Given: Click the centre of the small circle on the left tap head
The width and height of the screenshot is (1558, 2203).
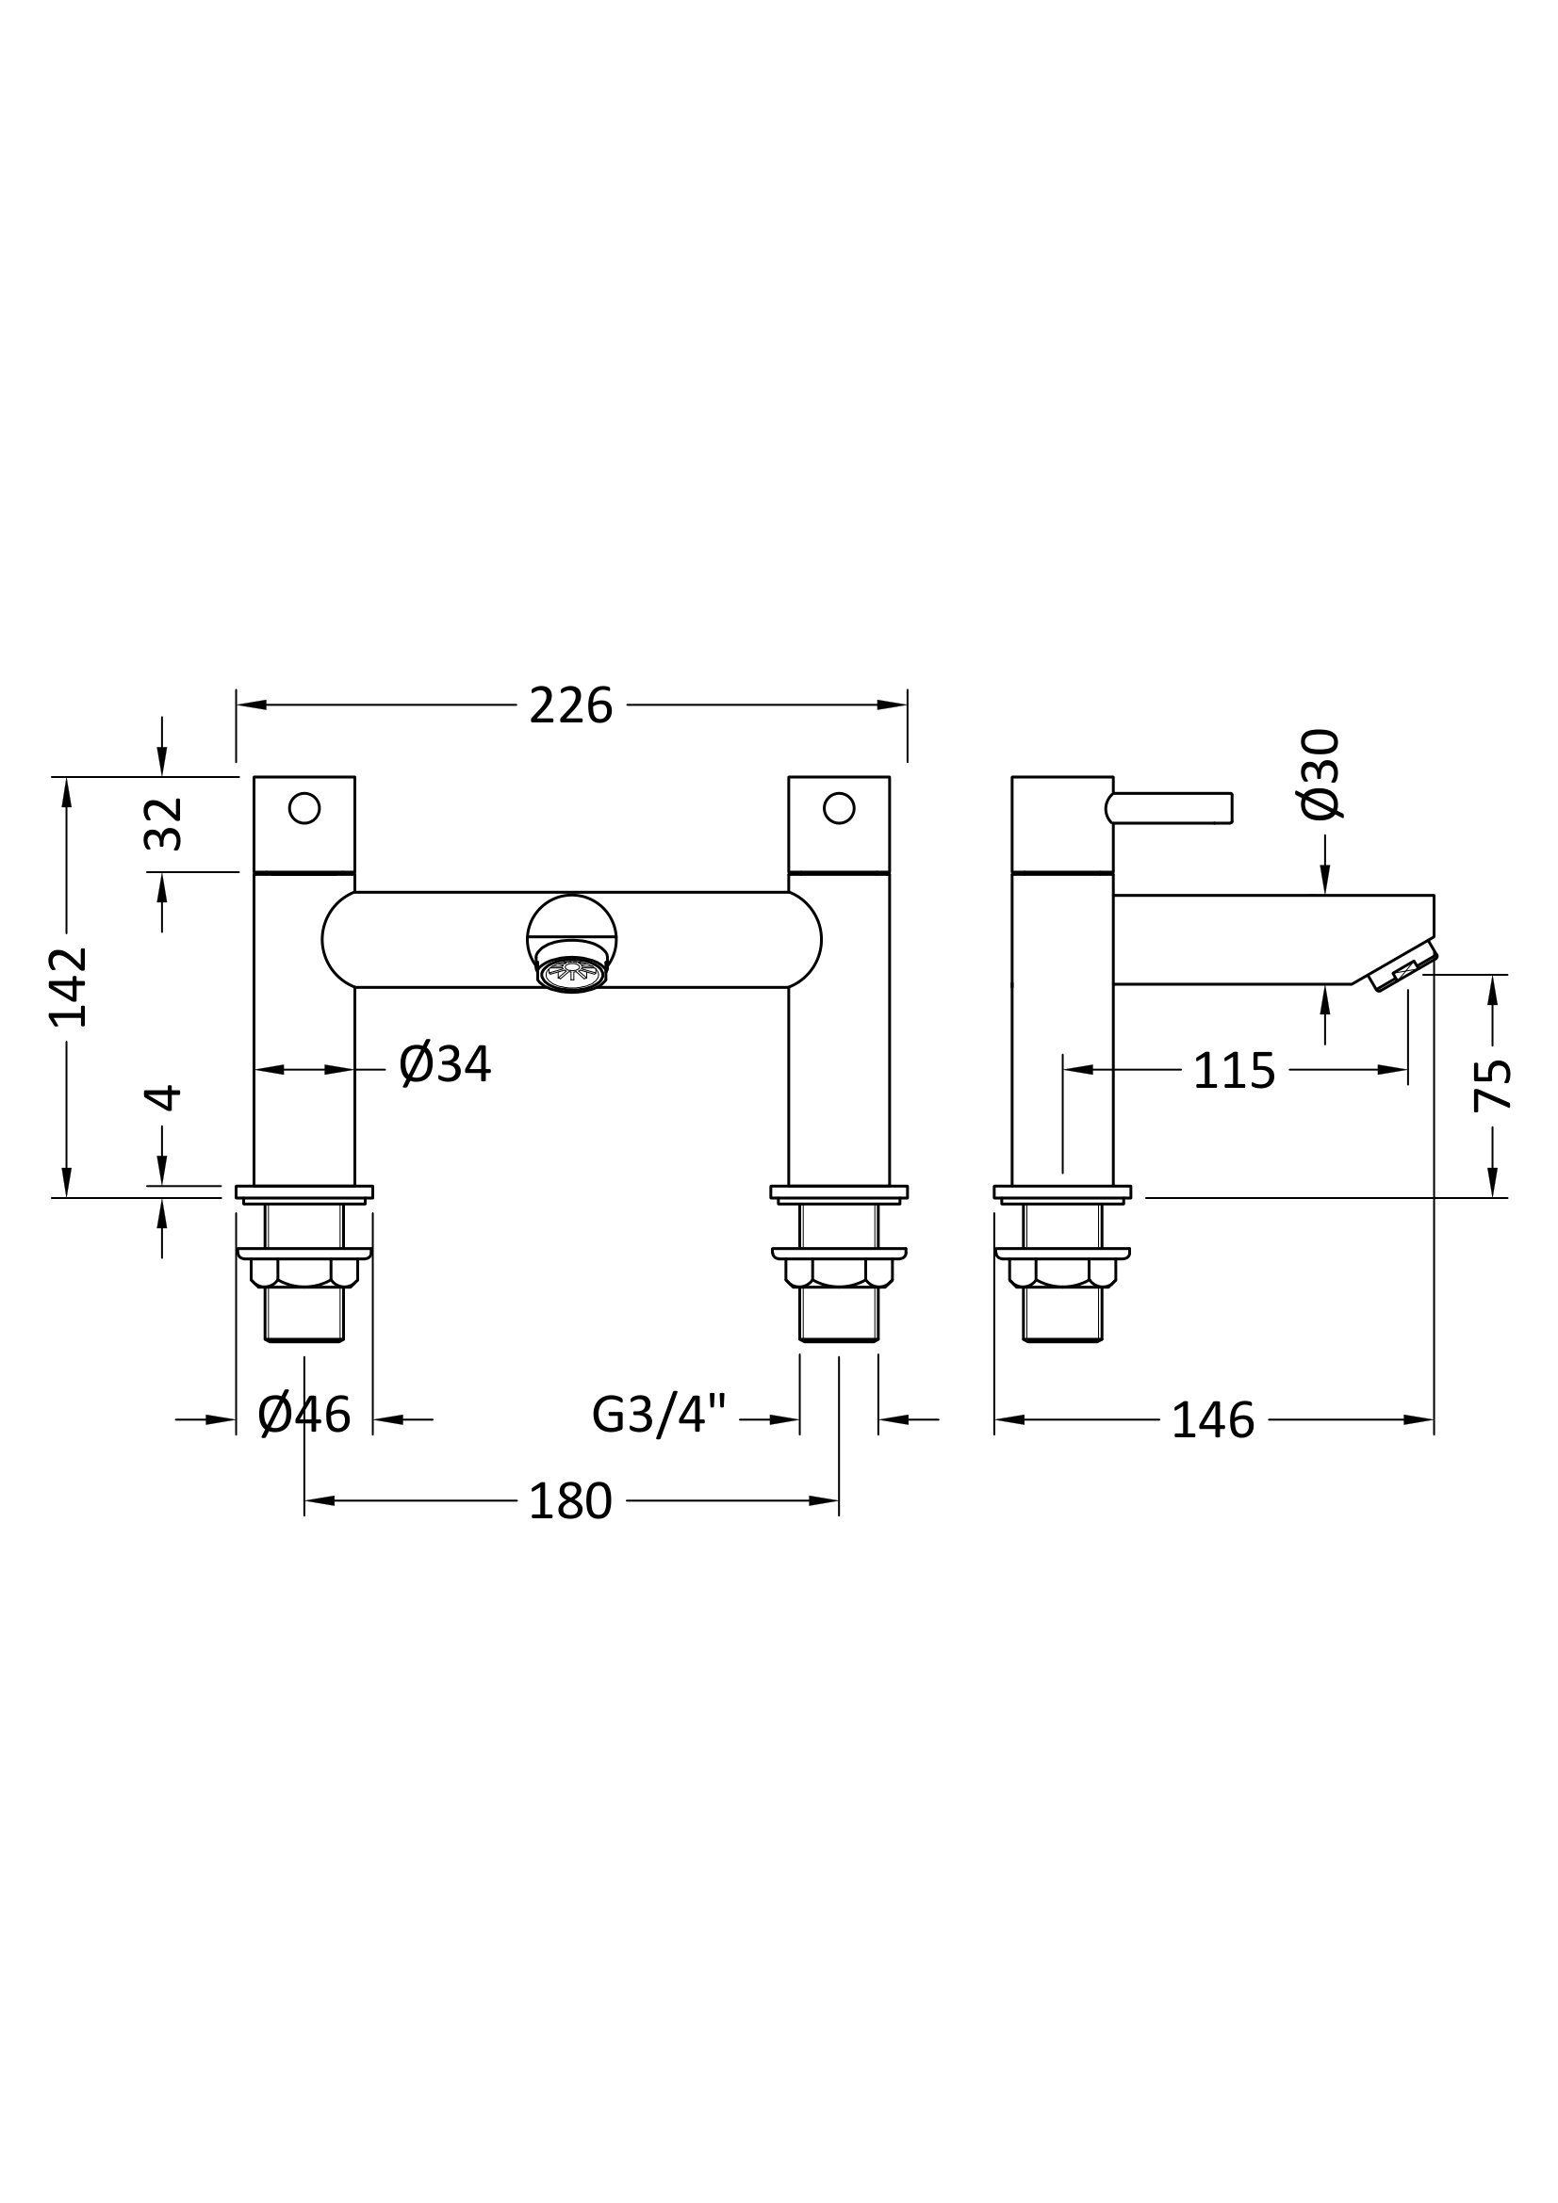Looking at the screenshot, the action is pos(304,808).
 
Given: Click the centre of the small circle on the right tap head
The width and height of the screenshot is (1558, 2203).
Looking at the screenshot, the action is pos(839,808).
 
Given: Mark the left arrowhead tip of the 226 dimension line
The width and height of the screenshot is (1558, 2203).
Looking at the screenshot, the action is pos(238,705).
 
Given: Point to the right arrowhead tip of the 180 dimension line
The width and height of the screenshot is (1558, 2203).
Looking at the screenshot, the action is pos(838,1500).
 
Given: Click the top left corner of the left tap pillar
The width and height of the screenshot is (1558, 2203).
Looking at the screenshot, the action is pos(254,777).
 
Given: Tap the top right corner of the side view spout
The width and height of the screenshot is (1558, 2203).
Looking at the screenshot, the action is pos(1435,895).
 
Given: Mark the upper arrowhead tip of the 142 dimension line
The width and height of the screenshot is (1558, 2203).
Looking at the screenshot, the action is pos(66,778).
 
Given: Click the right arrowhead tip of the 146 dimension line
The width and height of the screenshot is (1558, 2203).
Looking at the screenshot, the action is pos(1434,1420).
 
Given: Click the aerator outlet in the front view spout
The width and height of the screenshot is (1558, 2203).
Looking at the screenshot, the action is pos(572,974).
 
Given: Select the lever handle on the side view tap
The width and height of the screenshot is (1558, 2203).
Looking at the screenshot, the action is pos(1170,808).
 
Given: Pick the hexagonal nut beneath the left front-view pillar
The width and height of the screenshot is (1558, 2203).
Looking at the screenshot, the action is pos(304,1272).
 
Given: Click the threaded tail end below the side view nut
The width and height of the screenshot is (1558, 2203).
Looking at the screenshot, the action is pos(1062,1315).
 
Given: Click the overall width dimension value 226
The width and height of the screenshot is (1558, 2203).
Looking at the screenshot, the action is pos(570,707).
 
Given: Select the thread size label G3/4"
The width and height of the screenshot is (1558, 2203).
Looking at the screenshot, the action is pos(660,1417).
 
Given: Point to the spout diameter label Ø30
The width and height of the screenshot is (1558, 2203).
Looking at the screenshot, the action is pos(1320,775).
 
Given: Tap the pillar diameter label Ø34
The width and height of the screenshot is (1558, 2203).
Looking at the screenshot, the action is pos(446,1065).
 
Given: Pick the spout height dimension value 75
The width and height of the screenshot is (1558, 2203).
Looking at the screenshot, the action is pos(1493,1084).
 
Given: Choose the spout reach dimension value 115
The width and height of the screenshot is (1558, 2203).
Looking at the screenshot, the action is pos(1235,1072).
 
